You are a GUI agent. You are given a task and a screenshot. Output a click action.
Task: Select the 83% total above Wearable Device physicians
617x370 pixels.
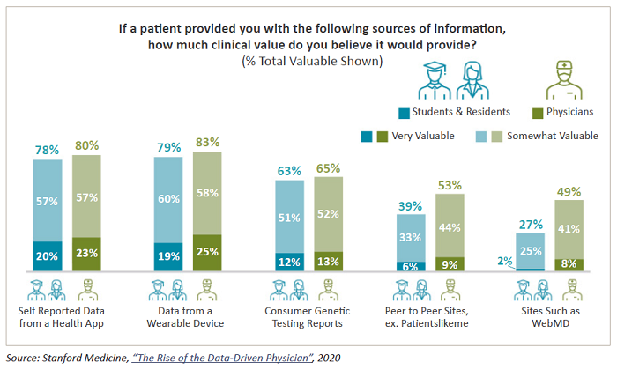(206, 142)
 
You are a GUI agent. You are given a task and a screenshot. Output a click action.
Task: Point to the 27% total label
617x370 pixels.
(530, 224)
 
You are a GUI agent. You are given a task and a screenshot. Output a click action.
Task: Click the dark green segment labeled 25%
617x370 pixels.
(206, 253)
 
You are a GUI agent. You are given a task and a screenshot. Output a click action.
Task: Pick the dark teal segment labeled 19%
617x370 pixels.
(167, 256)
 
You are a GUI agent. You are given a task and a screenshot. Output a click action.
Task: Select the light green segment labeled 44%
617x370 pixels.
(450, 226)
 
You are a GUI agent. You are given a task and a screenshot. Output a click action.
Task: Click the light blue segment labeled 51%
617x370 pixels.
(289, 218)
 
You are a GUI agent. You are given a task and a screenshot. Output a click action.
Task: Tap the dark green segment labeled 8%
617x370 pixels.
(569, 264)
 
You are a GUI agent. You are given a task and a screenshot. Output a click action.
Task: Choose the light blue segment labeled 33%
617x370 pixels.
(411, 237)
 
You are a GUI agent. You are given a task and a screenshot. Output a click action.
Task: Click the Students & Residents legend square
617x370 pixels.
(404, 112)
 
